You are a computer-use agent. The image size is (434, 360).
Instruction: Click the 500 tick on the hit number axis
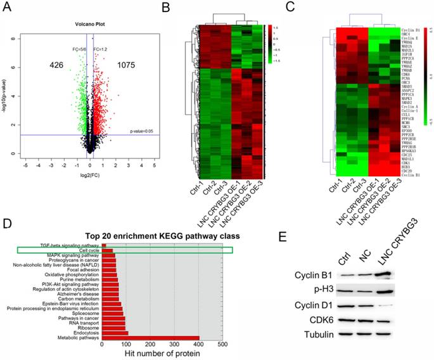222,345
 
